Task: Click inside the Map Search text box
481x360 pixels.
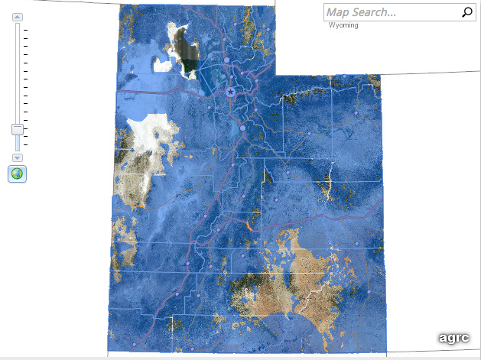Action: pos(390,12)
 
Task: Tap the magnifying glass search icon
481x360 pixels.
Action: pos(467,11)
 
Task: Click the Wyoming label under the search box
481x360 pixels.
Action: pos(343,25)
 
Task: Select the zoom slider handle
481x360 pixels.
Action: pos(18,129)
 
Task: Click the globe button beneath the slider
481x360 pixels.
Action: pos(17,174)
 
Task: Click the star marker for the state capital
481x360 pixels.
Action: pos(231,92)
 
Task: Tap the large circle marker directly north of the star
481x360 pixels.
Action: pos(227,59)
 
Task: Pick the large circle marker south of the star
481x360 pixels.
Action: pos(243,128)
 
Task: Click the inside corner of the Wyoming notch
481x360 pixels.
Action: pos(275,75)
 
